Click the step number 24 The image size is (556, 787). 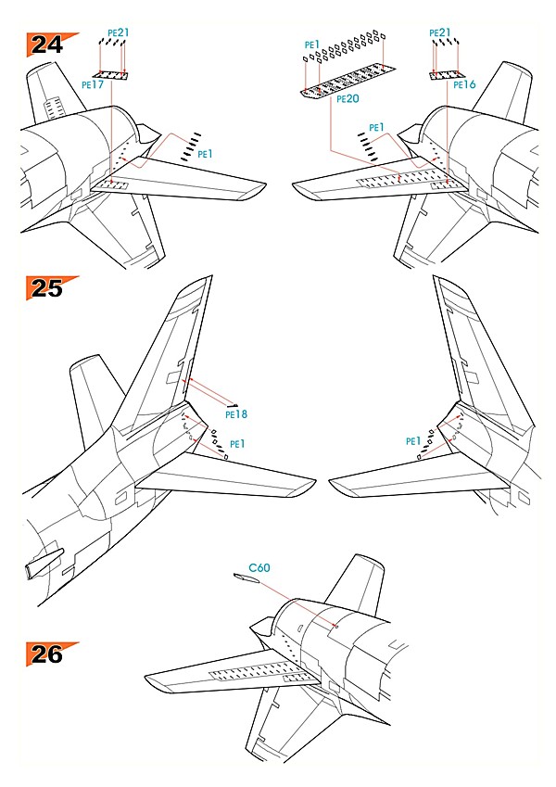(x=44, y=44)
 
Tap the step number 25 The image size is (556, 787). (x=44, y=288)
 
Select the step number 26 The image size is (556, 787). (x=44, y=654)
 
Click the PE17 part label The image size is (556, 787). (x=92, y=83)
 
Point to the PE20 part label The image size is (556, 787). (x=347, y=99)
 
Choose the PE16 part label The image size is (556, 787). (x=464, y=84)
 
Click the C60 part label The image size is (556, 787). (x=259, y=567)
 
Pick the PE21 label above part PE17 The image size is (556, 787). (x=118, y=32)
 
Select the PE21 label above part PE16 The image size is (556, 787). (x=440, y=32)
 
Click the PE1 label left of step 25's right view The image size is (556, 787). (x=412, y=442)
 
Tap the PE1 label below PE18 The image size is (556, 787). (x=238, y=444)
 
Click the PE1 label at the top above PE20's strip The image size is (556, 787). (x=311, y=44)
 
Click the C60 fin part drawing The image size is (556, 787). (x=245, y=580)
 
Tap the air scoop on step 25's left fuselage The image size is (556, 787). (x=44, y=561)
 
